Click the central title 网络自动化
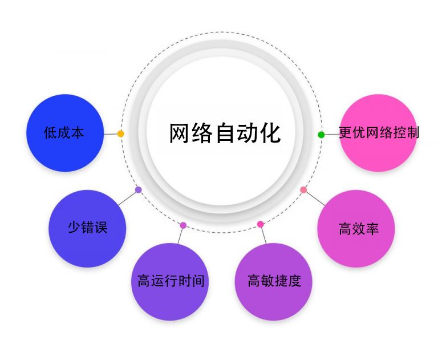pyautogui.click(x=225, y=132)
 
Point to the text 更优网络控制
pyautogui.click(x=379, y=132)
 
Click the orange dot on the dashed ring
pyautogui.click(x=120, y=134)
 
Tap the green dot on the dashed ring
pyautogui.click(x=321, y=135)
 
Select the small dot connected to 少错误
pyautogui.click(x=139, y=189)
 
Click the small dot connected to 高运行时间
pyautogui.click(x=183, y=225)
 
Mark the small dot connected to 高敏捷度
pyautogui.click(x=260, y=224)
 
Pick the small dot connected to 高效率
pyautogui.click(x=303, y=189)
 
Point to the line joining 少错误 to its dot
pyautogui.click(x=128, y=197)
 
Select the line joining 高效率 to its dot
pyautogui.click(x=314, y=197)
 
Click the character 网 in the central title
pyautogui.click(x=180, y=132)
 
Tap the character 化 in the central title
pyautogui.click(x=270, y=132)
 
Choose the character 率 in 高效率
pyautogui.click(x=372, y=229)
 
